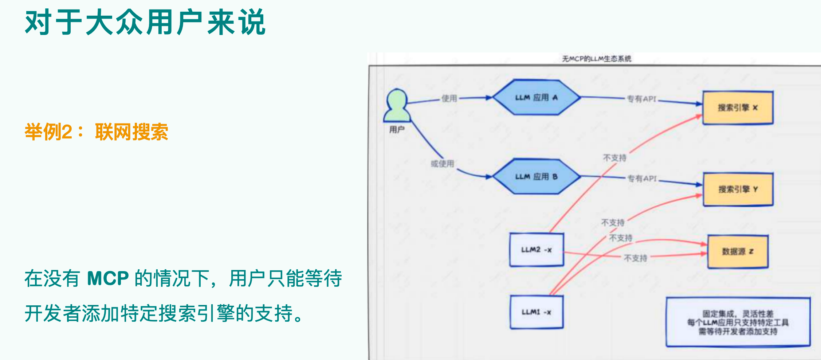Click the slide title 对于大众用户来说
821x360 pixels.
pos(145,23)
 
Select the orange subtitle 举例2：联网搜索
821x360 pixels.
pos(96,132)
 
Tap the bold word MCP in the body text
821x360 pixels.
pos(108,278)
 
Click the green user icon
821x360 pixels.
pos(397,106)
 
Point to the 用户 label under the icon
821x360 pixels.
pos(397,130)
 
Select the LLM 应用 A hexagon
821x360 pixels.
pos(536,98)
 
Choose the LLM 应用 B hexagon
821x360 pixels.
pos(536,177)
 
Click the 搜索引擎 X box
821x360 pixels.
pos(738,108)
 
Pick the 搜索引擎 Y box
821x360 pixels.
pos(738,189)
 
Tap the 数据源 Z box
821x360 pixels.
pos(738,252)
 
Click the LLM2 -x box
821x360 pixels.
pos(537,250)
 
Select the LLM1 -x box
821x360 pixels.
pos(537,312)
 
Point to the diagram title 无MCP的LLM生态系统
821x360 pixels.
pos(596,59)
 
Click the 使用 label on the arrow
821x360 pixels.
pos(449,98)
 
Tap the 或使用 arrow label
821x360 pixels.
pos(443,164)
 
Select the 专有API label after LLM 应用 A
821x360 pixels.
pos(641,99)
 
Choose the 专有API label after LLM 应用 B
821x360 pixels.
pos(642,179)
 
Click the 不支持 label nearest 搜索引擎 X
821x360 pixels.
pos(614,158)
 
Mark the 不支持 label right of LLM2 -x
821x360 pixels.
pos(635,258)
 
